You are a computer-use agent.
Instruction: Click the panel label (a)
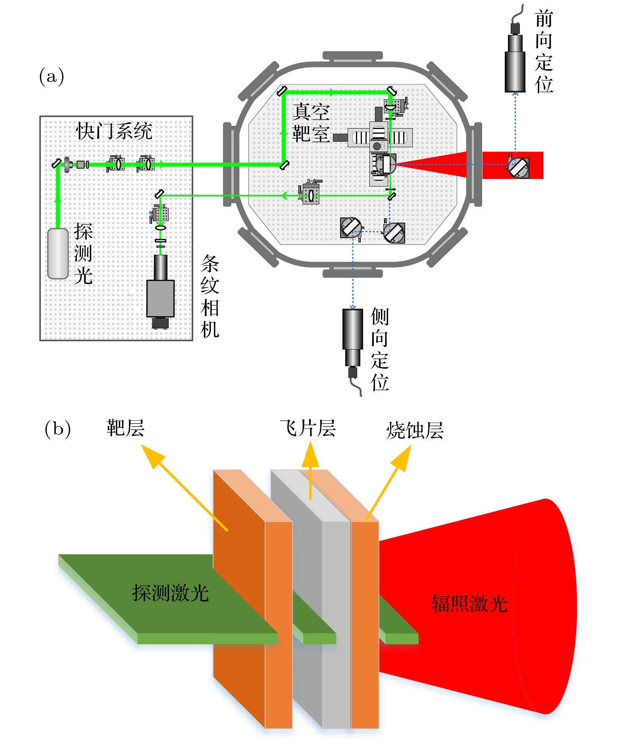coord(52,76)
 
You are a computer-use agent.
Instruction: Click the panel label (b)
coord(58,429)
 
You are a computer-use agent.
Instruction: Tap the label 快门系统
coord(114,131)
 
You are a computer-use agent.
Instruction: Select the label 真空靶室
coord(311,123)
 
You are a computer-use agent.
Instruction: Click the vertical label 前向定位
coord(544,52)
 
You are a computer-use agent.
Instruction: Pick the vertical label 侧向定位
coord(380,350)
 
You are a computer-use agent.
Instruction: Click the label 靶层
coord(125,428)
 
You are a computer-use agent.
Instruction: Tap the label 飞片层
coord(308,428)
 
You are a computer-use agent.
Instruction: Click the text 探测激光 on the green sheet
coord(171,593)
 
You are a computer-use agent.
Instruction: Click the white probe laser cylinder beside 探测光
coord(58,254)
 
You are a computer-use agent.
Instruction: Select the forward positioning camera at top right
coord(515,60)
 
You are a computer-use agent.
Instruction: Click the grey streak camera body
coord(160,298)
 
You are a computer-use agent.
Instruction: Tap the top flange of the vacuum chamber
coord(352,56)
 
